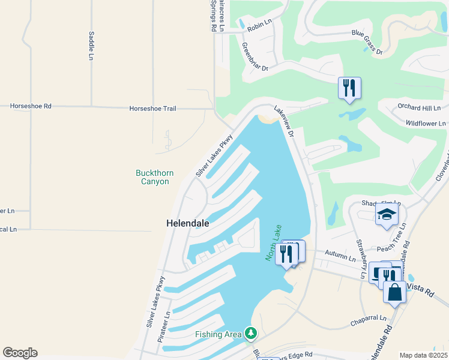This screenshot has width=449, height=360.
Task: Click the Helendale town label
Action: click(187, 223)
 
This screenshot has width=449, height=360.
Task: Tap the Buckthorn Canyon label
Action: click(154, 177)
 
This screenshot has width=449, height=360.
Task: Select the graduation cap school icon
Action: click(387, 214)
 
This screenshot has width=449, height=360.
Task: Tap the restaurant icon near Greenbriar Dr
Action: click(349, 88)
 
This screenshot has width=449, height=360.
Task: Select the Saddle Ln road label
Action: click(91, 46)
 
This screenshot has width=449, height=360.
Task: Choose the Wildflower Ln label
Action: click(426, 123)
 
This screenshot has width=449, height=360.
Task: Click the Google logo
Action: click(20, 353)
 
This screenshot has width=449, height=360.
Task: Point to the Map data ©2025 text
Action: click(423, 355)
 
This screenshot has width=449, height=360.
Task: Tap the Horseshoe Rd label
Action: click(31, 106)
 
